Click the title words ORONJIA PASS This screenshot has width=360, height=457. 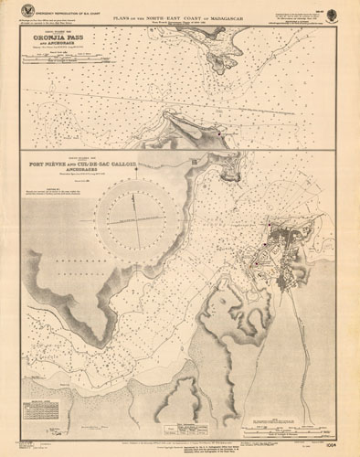pyautogui.click(x=66, y=40)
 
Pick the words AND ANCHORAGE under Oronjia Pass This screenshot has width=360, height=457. pyautogui.click(x=66, y=48)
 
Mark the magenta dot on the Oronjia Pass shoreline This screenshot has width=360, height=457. pyautogui.click(x=219, y=134)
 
